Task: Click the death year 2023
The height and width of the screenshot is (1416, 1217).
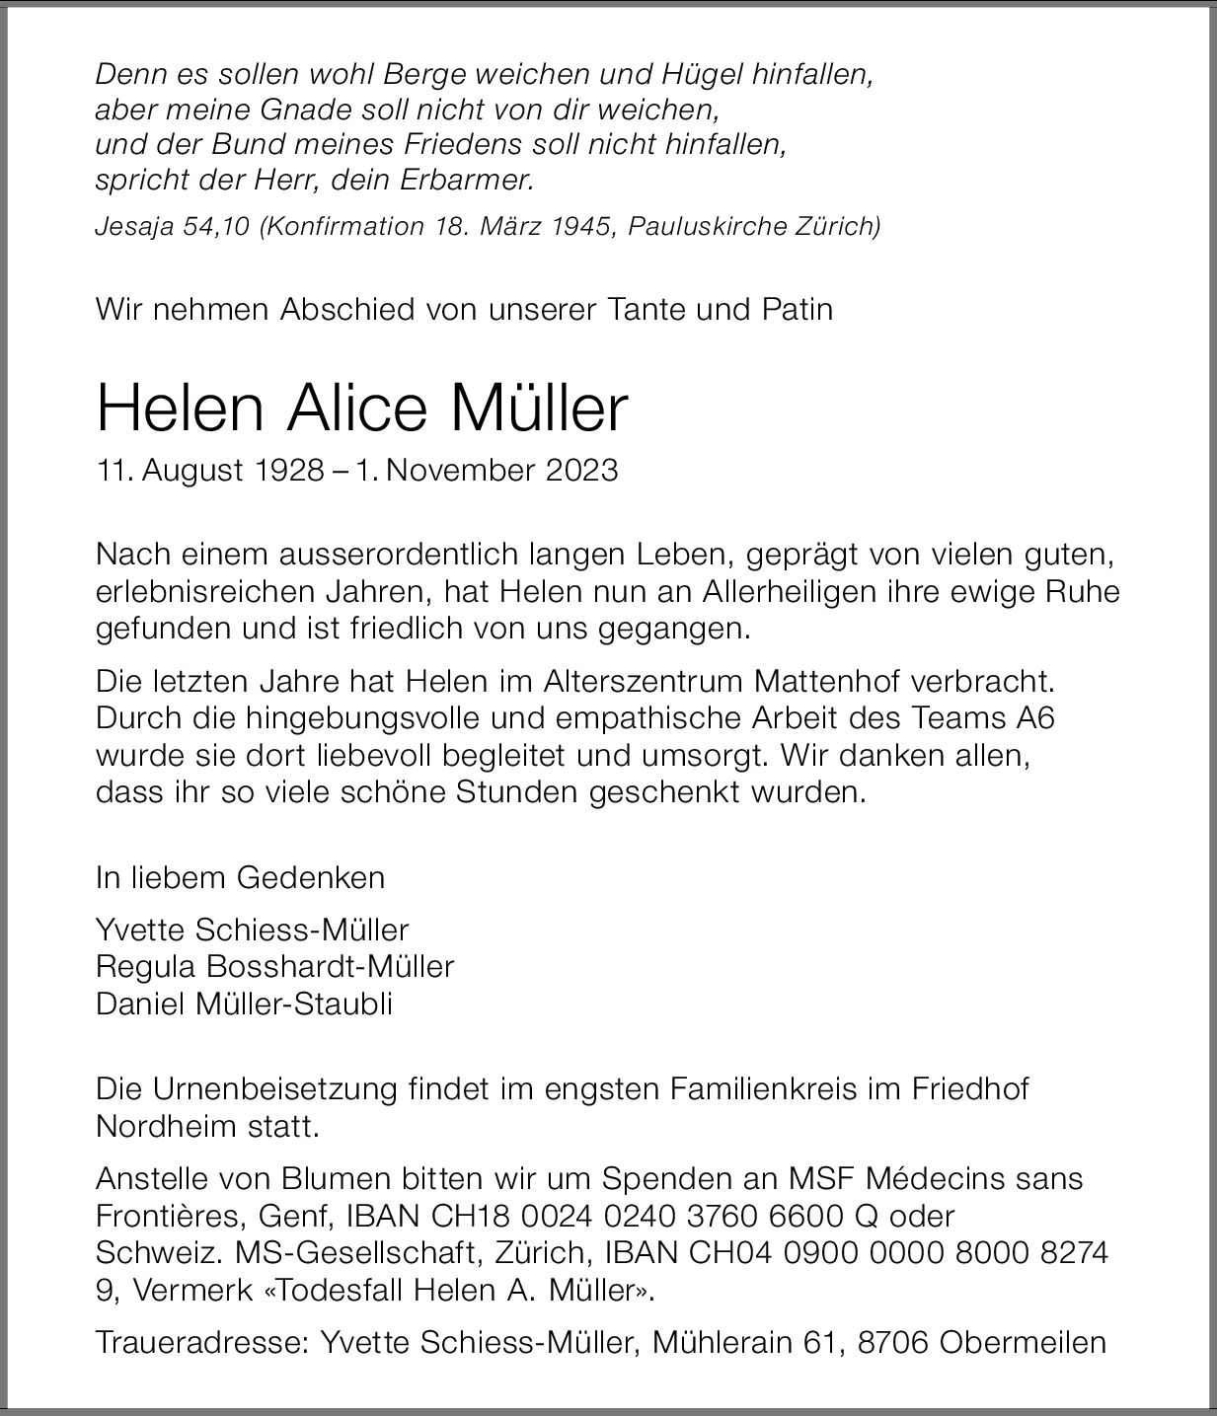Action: tap(580, 470)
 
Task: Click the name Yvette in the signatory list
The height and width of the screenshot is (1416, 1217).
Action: tap(142, 930)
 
